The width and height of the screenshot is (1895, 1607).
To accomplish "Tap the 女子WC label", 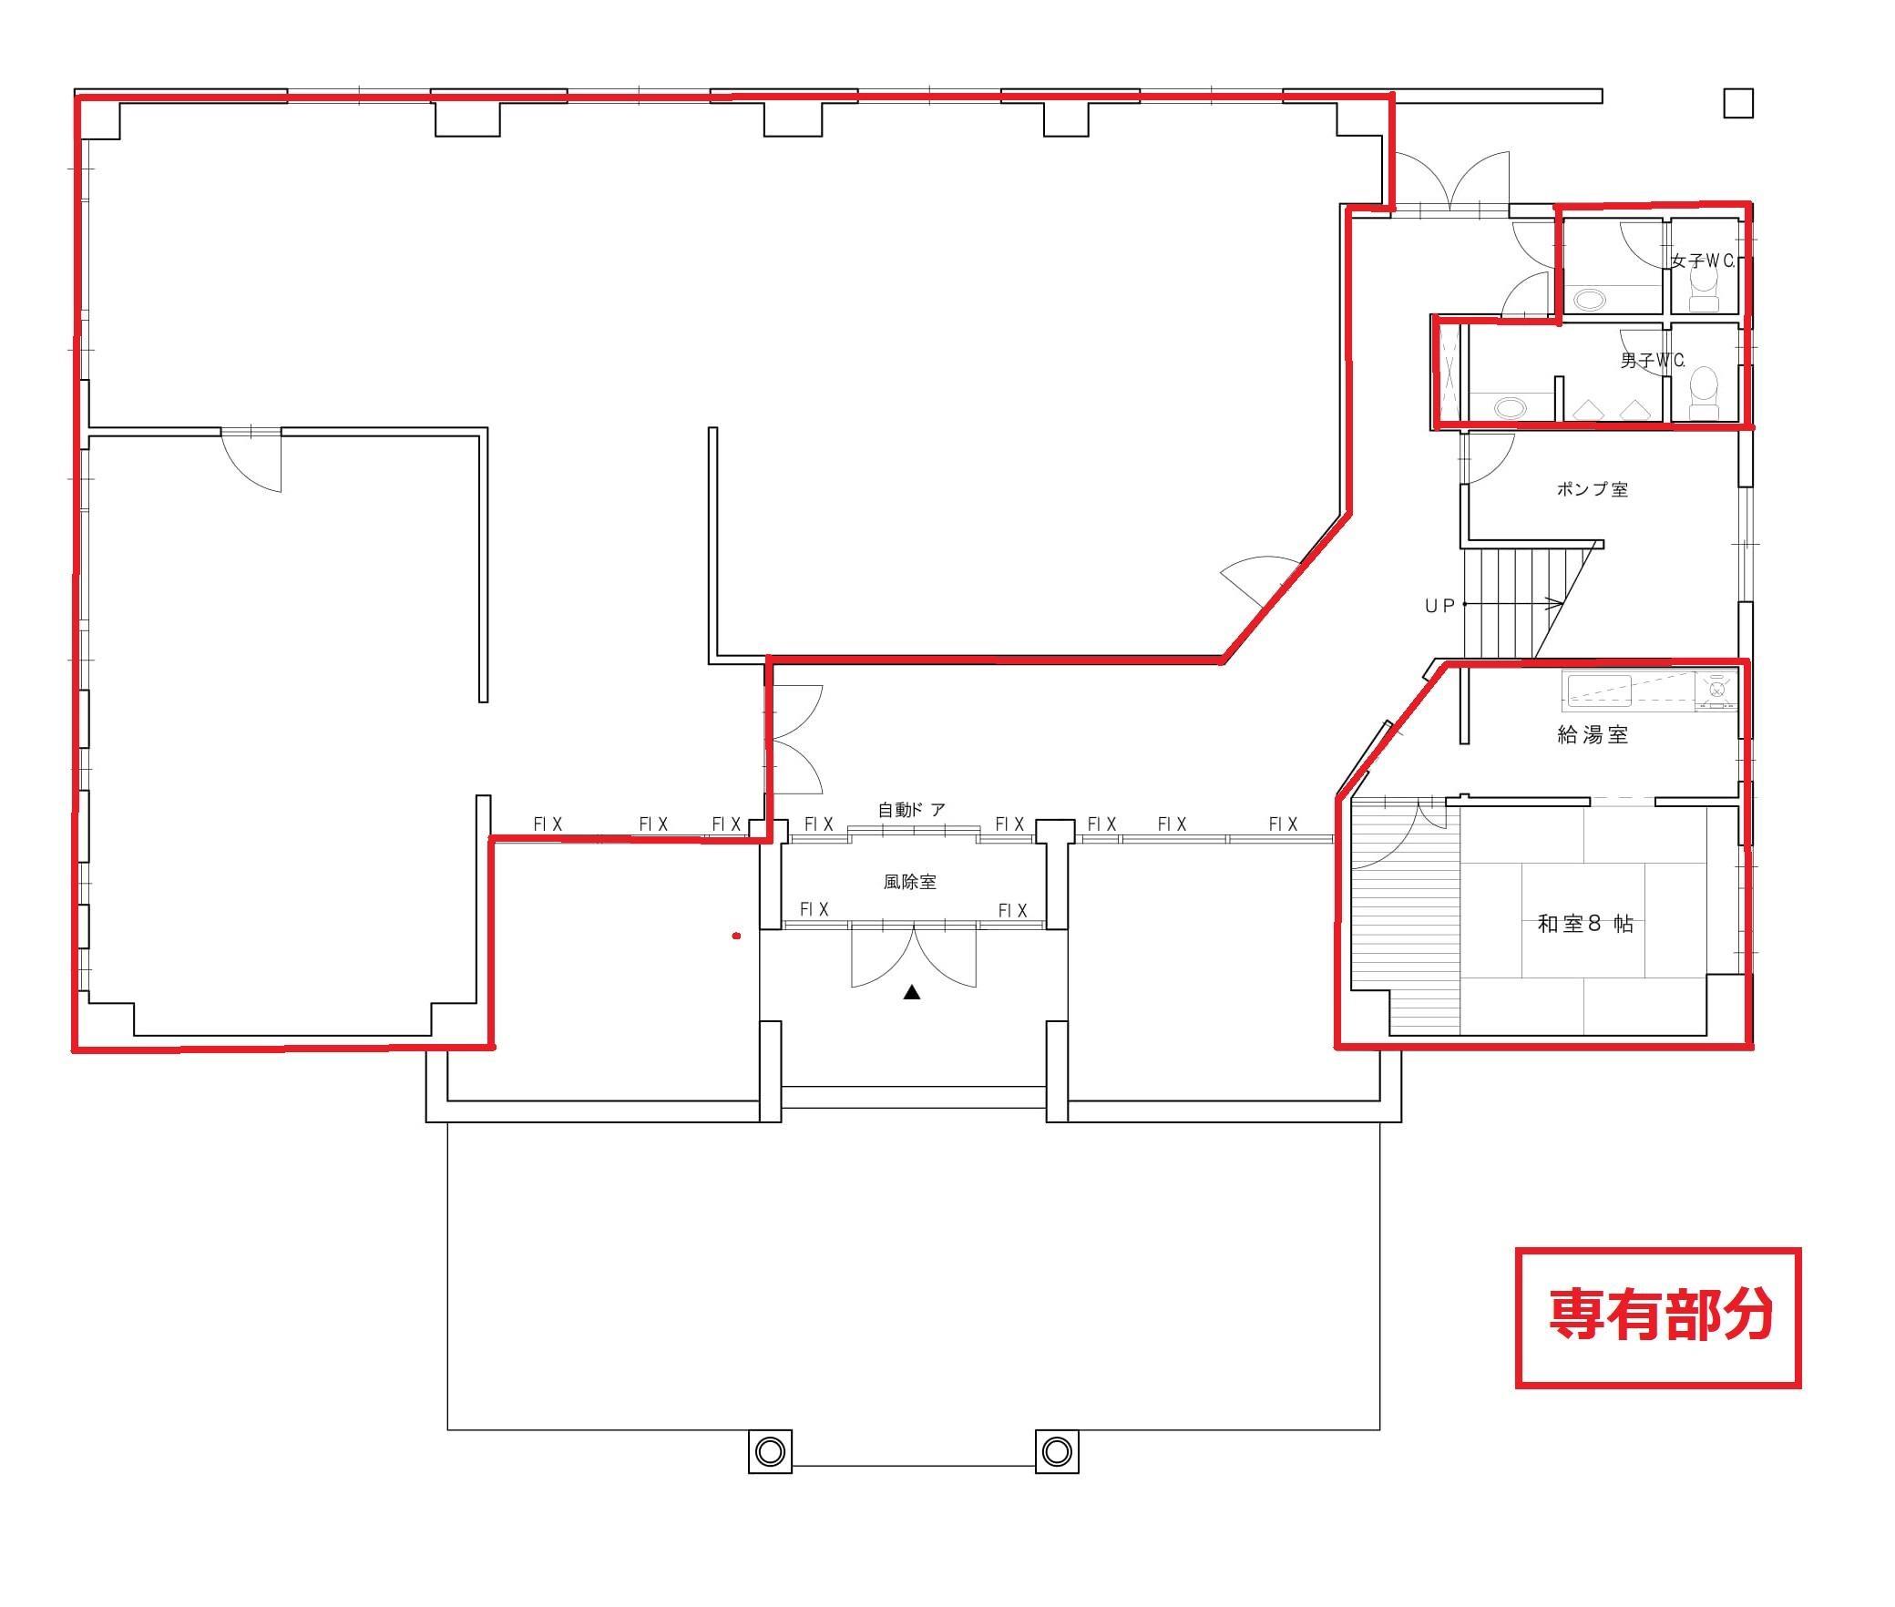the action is tap(1703, 261).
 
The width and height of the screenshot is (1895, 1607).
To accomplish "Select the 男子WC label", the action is tap(1653, 361).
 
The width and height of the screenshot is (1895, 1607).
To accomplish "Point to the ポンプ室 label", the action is tap(1592, 489).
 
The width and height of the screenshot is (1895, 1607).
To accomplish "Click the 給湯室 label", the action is tap(1593, 735).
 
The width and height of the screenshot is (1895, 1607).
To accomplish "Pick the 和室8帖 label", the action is tap(1585, 924).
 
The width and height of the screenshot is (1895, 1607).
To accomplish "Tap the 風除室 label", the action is tap(909, 882).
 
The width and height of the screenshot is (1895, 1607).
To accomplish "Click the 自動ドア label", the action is tap(911, 810).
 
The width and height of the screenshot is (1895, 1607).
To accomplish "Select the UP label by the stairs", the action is tap(1439, 606).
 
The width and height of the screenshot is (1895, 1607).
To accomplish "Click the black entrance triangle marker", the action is tap(912, 992).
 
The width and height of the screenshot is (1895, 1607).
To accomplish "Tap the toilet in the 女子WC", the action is tap(1703, 295).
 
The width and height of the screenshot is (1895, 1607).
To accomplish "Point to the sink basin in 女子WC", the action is tap(1590, 299).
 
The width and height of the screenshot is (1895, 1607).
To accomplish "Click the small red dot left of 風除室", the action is tap(736, 936).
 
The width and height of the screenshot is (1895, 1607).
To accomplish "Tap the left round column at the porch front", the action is tap(770, 1450).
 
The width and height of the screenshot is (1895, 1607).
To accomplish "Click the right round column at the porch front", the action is tap(1057, 1450).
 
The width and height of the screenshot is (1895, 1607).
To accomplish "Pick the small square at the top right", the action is tap(1738, 103).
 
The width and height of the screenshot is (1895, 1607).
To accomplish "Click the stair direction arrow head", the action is tap(1557, 604).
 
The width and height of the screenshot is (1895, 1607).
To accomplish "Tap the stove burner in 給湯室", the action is tap(1716, 690).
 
